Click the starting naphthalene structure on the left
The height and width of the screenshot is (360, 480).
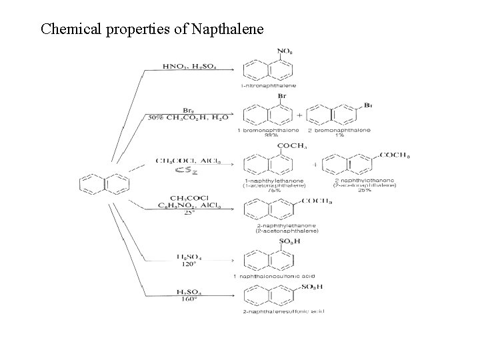(105, 182)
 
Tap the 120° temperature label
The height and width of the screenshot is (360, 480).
(187, 264)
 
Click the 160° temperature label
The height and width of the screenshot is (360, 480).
(187, 299)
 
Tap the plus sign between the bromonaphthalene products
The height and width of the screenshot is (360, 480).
(299, 115)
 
